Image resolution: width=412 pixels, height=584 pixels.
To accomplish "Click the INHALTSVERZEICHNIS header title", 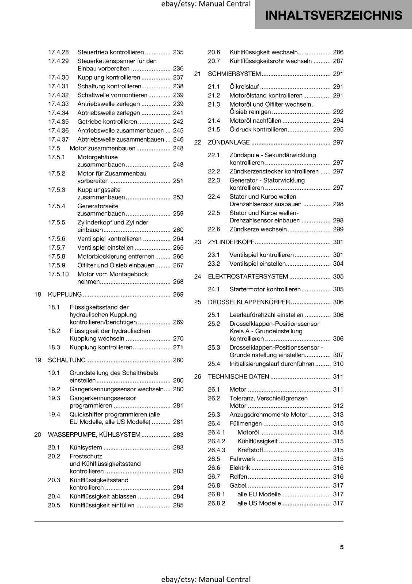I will pyautogui.click(x=334, y=15).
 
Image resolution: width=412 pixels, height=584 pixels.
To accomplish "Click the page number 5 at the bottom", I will pyautogui.click(x=342, y=547).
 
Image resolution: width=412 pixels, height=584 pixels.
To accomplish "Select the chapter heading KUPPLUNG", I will pyautogui.click(x=65, y=295).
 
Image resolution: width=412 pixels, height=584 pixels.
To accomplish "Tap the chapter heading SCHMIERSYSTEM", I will pyautogui.click(x=234, y=74).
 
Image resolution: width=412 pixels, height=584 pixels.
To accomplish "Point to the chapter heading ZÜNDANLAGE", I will pyautogui.click(x=229, y=142).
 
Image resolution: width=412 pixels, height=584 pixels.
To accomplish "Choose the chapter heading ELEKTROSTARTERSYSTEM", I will pyautogui.click(x=248, y=277).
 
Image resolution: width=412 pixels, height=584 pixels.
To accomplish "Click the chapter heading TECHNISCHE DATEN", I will pyautogui.click(x=238, y=377).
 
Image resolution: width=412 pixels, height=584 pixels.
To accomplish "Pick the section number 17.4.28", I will pyautogui.click(x=58, y=53).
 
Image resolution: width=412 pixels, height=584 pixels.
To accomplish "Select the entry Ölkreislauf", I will pyautogui.click(x=244, y=87).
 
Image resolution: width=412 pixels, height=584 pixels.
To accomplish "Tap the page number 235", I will pyautogui.click(x=178, y=53).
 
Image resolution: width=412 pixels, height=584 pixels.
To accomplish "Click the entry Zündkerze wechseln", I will pyautogui.click(x=258, y=230).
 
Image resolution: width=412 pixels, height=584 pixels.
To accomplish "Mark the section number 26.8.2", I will pyautogui.click(x=217, y=503).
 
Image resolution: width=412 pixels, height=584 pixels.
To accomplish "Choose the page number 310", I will pyautogui.click(x=338, y=364).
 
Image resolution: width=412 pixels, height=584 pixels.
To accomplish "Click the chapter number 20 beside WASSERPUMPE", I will pyautogui.click(x=38, y=435).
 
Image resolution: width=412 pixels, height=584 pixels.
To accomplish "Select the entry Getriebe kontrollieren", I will pyautogui.click(x=107, y=122).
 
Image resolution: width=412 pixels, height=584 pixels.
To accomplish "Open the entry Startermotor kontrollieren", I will pyautogui.click(x=265, y=289).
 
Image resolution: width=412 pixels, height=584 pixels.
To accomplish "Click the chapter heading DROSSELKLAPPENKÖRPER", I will pyautogui.click(x=249, y=302).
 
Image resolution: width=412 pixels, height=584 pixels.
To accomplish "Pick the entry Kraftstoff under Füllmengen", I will pyautogui.click(x=250, y=450).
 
